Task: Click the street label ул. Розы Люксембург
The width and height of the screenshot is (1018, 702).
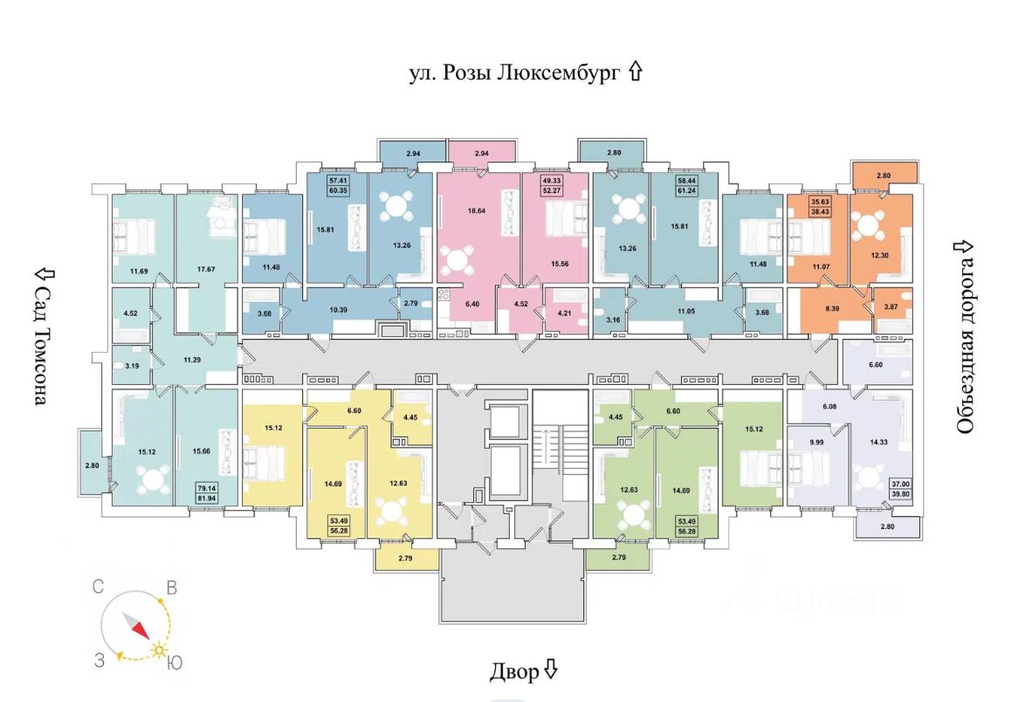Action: tap(515, 72)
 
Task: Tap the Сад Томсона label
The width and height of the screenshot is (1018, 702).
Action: tap(39, 336)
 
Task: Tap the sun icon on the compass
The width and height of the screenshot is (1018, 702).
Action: tap(160, 650)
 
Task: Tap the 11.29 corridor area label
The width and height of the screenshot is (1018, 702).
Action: tap(192, 359)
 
